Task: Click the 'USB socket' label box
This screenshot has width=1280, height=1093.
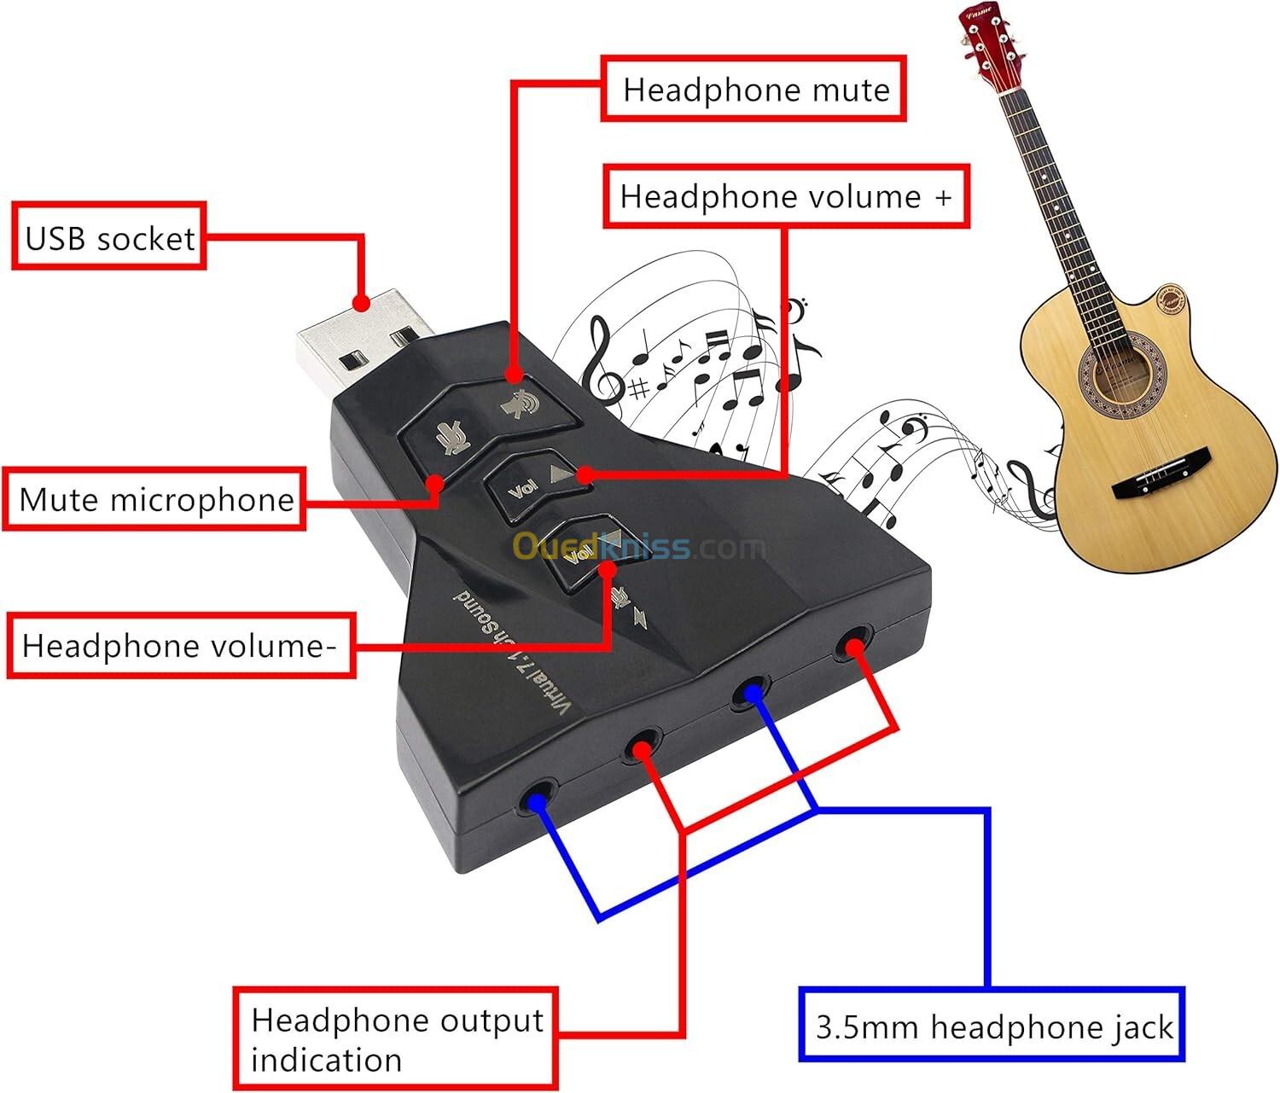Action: tap(109, 236)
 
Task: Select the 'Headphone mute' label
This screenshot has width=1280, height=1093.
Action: tap(754, 89)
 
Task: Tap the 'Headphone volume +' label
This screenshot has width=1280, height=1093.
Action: tap(786, 196)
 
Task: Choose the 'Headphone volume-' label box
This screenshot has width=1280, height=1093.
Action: tap(180, 645)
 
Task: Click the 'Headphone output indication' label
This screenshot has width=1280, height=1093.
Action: tap(396, 1038)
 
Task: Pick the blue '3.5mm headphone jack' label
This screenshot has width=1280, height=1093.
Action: tap(992, 1026)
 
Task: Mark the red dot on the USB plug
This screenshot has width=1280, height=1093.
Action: tap(361, 303)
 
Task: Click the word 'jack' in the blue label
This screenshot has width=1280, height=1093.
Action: tap(1141, 1026)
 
